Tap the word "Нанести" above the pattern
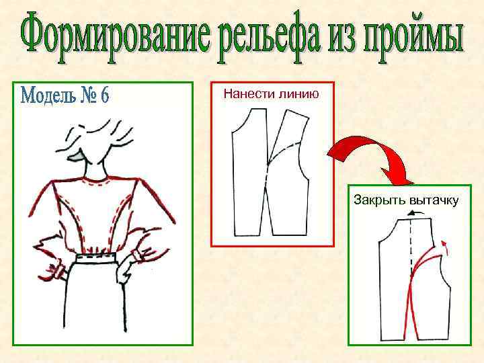pos(248,94)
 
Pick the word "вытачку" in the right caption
pos(432,200)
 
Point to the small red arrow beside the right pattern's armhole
pos(448,249)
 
